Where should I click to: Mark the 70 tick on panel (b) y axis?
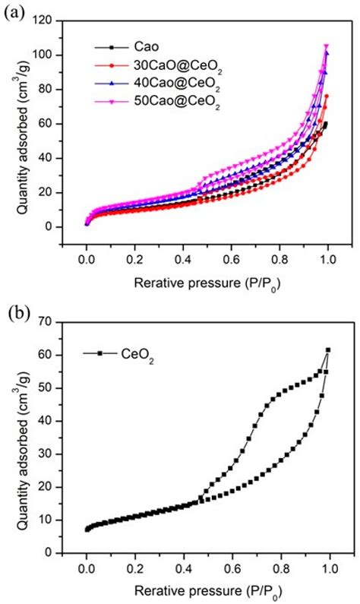(50, 322)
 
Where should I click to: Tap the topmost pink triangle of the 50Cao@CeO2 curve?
(327, 46)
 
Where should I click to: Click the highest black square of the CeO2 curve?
(328, 349)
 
